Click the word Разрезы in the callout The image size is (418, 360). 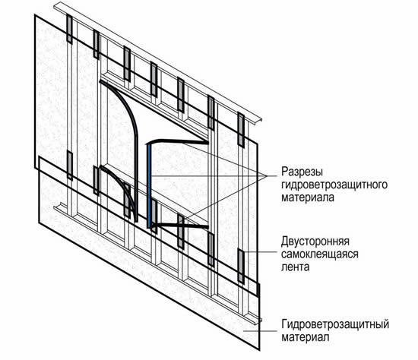[302, 172]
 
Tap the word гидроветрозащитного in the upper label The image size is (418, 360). [334, 185]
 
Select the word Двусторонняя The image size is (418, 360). [315, 242]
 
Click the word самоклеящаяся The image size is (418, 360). [320, 254]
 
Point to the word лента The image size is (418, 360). [296, 267]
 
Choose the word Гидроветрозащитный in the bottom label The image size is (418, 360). [335, 324]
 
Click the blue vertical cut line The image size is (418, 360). [149, 186]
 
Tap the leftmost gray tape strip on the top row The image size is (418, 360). [69, 29]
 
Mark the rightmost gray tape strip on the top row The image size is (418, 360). [241, 130]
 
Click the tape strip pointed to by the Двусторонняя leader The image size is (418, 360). [241, 267]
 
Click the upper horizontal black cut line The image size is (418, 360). [178, 141]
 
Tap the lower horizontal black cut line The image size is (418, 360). [179, 226]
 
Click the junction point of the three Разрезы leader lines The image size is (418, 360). [268, 176]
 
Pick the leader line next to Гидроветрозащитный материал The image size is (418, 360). [261, 331]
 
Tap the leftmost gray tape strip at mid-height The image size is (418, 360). [70, 166]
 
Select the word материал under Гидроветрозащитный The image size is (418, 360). [306, 337]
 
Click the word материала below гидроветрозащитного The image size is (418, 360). [308, 197]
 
